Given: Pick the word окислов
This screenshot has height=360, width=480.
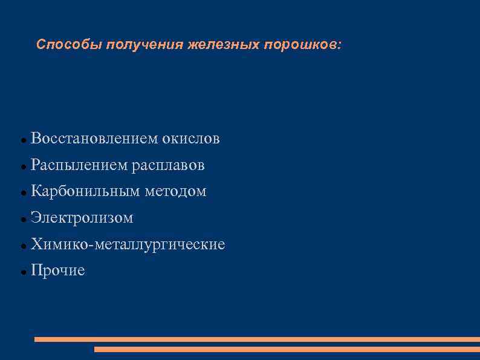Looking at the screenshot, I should [x=190, y=139].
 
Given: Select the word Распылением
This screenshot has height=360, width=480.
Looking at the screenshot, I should [x=79, y=165].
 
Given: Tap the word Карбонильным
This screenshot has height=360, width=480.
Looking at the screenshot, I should [x=85, y=191].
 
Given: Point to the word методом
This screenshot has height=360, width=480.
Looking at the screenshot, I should [x=175, y=191].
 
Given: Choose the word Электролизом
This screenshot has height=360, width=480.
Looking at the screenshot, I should [x=82, y=218].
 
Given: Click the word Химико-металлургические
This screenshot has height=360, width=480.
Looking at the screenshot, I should [x=128, y=244].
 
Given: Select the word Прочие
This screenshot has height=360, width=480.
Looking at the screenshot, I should [x=57, y=270].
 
